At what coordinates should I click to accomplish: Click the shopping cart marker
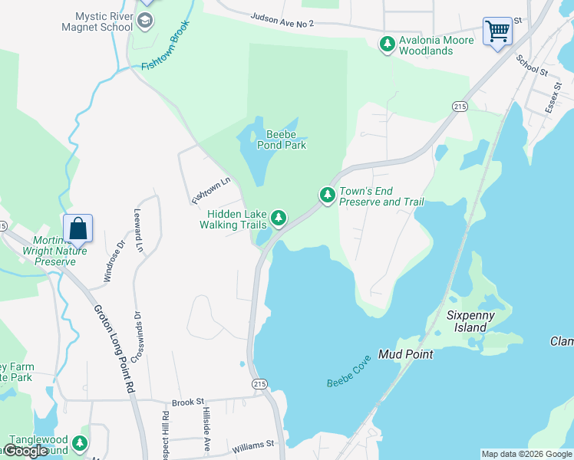coord(497,32)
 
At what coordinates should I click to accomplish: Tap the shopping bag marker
coord(78,229)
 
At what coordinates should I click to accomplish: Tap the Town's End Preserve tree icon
coord(328,195)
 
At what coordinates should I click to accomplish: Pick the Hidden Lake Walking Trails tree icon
coord(279,219)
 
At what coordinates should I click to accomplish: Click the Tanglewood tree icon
coord(80,444)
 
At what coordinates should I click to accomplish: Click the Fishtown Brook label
coord(166,44)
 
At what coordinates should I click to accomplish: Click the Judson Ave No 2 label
coord(282,20)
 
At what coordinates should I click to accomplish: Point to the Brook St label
coord(187,401)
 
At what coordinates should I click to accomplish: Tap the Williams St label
coord(252,445)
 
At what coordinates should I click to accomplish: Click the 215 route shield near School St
coord(460,107)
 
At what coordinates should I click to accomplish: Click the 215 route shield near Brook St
coord(259,383)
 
